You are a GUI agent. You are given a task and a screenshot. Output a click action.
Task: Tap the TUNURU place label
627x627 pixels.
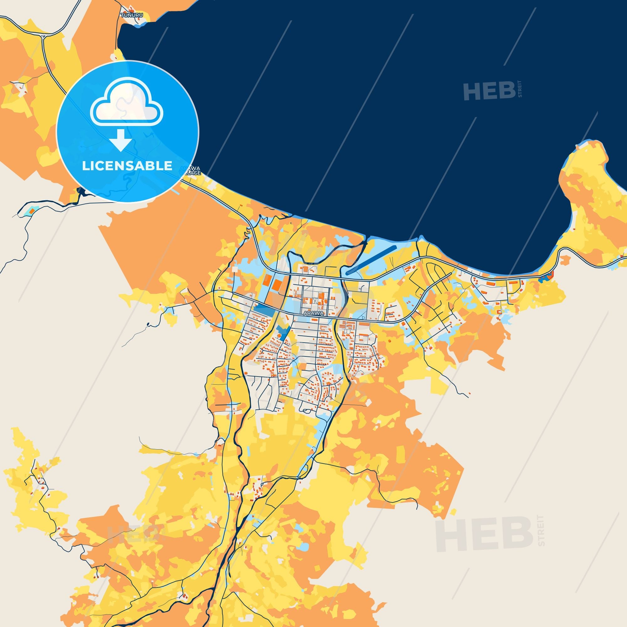click(x=129, y=15)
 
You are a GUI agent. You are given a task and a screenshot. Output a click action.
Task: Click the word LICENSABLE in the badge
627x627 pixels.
click(x=127, y=166)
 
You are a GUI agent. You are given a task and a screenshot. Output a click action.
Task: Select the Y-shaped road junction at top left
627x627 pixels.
click(x=43, y=36)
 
